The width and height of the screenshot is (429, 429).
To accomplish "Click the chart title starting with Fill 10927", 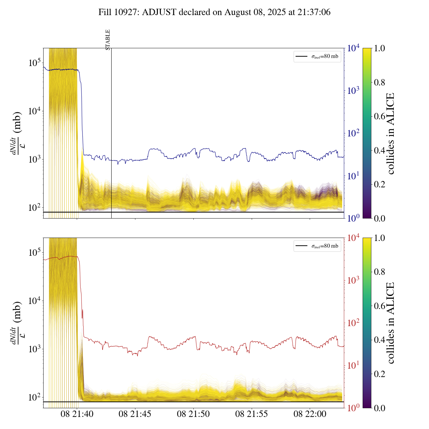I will coord(214,12).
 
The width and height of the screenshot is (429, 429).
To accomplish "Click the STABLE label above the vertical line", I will coord(108,40).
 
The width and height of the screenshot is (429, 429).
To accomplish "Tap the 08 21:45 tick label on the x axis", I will coord(135,414).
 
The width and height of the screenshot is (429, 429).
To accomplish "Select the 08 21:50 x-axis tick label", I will coord(193,414).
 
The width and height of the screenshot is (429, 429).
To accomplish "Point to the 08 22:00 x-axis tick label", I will coord(310,414).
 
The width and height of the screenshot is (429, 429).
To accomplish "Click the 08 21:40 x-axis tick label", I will coord(77,414).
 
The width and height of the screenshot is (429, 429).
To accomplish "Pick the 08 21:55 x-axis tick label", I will coord(252,414).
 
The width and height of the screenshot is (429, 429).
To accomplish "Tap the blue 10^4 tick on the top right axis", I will coord(354,48).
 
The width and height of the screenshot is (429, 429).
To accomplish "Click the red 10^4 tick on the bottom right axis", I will coord(354,238).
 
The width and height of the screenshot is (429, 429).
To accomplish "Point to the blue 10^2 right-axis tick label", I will coord(354,133).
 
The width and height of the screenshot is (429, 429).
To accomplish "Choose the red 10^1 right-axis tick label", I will coord(354,365).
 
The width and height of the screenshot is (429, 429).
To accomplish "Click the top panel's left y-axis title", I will coord(17,133).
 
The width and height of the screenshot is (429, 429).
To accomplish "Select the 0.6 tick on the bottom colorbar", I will coord(380,306).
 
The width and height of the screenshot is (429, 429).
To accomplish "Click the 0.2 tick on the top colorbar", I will coord(380,184).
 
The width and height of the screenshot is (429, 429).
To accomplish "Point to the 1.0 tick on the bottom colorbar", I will coord(380,238).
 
